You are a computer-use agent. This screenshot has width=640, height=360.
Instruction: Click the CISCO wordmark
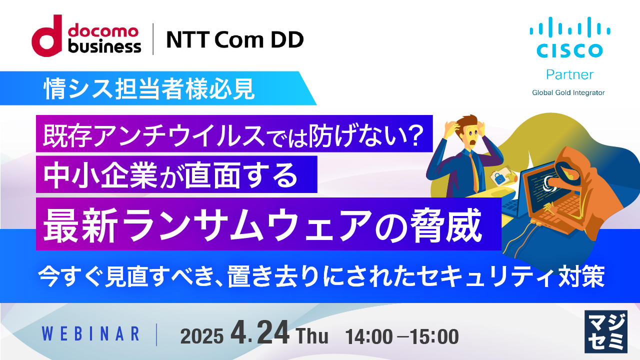[x=569, y=50]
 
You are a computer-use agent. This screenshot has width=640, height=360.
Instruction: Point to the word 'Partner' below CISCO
[x=569, y=74]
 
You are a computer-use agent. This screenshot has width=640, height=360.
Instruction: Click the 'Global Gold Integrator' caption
[x=568, y=92]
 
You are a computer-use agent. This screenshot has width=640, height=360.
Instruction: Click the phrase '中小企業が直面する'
[x=171, y=174]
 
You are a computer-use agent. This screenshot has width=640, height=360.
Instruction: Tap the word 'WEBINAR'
[x=90, y=333]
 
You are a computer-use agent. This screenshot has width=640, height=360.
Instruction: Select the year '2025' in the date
[x=201, y=336]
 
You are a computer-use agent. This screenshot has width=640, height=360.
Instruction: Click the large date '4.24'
[x=260, y=333]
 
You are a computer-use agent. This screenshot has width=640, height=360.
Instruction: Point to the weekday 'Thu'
[x=312, y=336]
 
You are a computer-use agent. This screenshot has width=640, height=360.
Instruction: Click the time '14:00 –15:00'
[x=402, y=336]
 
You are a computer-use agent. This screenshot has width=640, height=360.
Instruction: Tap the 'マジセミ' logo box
[x=605, y=331]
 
